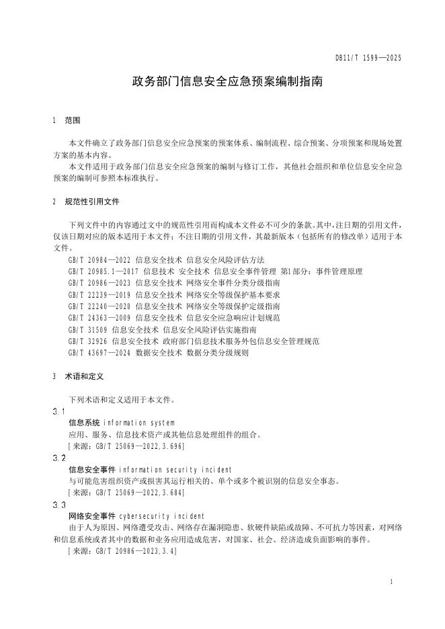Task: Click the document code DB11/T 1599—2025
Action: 368,58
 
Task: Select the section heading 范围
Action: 73,121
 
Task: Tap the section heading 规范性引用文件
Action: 92,201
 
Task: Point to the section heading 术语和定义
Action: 83,377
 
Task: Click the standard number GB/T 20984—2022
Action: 99,259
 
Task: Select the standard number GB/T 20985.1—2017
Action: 104,271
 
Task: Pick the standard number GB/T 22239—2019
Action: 99,294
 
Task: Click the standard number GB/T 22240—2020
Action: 99,306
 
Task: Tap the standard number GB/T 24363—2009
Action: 99,317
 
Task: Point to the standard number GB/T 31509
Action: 88,329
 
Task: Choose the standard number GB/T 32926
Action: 88,341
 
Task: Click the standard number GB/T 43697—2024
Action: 99,352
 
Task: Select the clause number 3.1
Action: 58,411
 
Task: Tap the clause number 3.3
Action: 58,504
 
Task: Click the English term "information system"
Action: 139,423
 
